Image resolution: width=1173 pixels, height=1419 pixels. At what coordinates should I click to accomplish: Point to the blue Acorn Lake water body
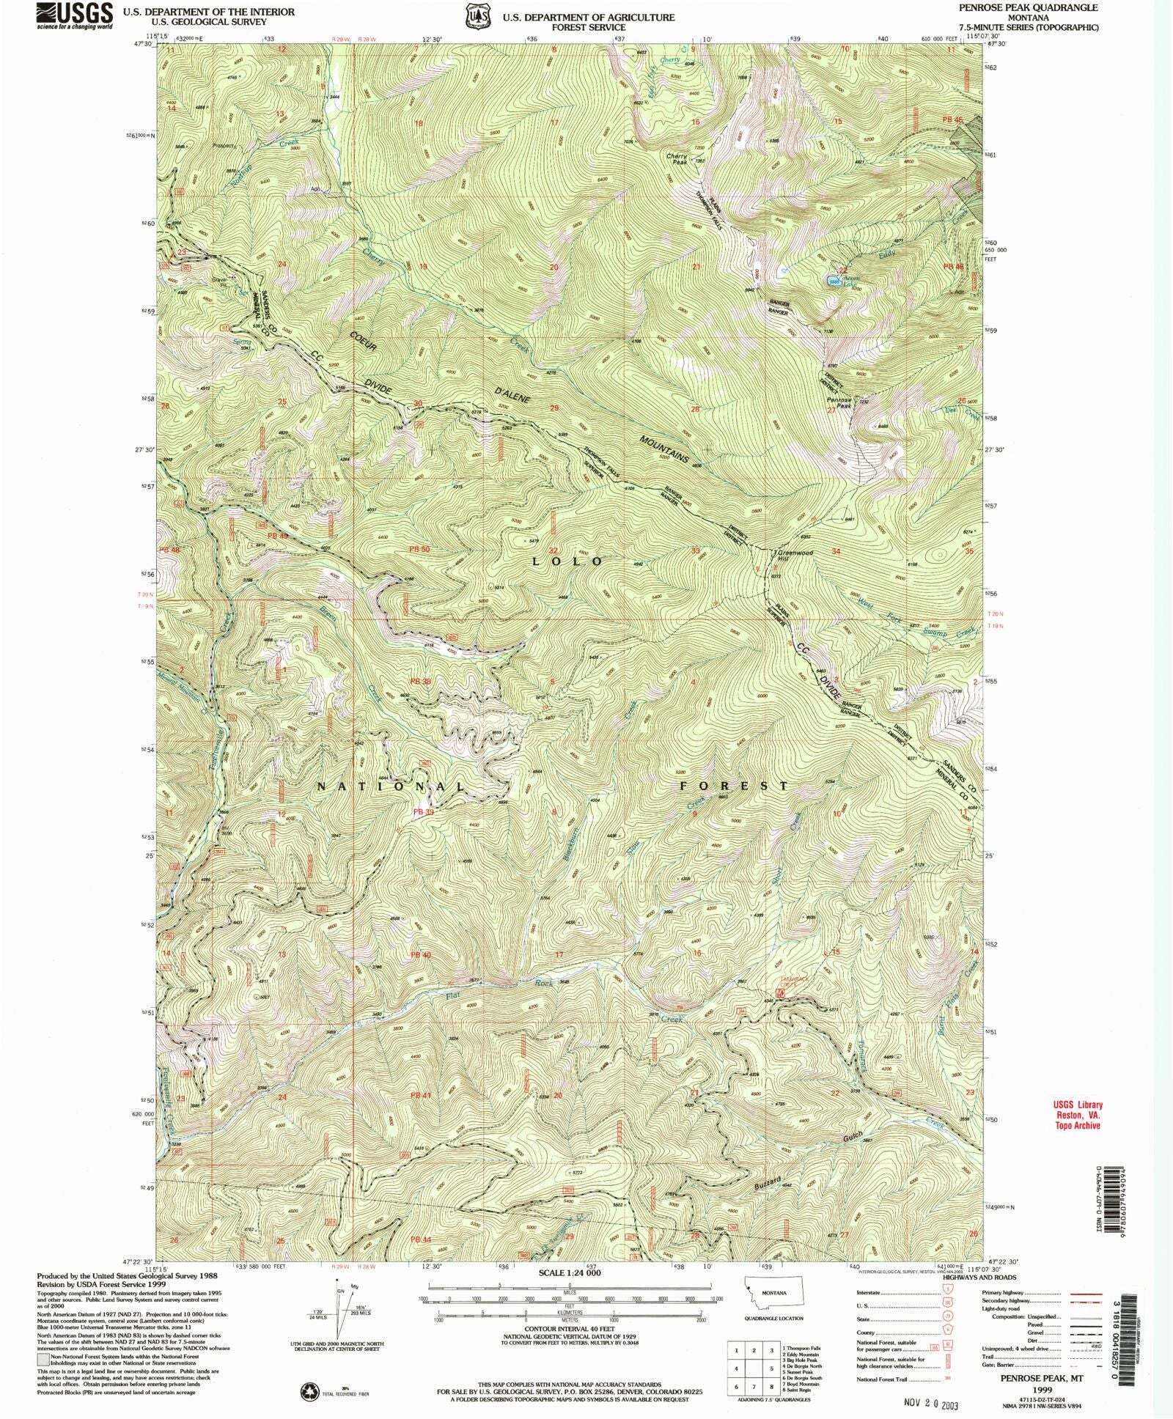[x=833, y=281]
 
